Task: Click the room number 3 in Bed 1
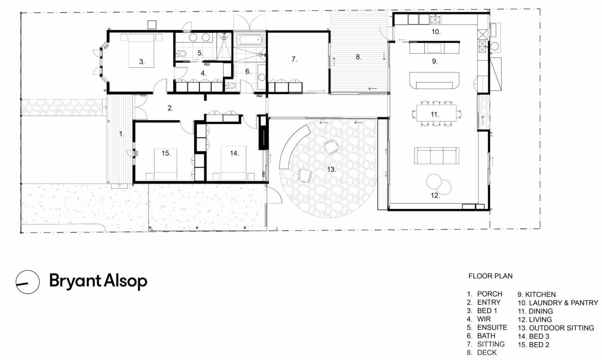click(x=141, y=62)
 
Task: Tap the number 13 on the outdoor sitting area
click(x=331, y=169)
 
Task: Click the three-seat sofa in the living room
click(x=437, y=156)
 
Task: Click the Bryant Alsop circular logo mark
click(x=27, y=282)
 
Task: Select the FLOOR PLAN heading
click(x=490, y=276)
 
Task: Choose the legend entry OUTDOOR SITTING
click(x=561, y=328)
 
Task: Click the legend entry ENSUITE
click(x=492, y=327)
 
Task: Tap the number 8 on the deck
click(x=358, y=57)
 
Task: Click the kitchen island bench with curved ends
click(x=435, y=81)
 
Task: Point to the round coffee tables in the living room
click(x=439, y=182)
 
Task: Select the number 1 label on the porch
click(x=121, y=134)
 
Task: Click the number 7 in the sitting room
click(x=294, y=60)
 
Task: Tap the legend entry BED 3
click(x=539, y=336)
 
